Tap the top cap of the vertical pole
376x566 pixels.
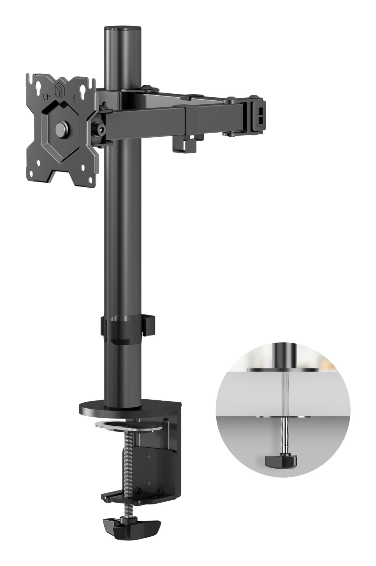click(x=123, y=29)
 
